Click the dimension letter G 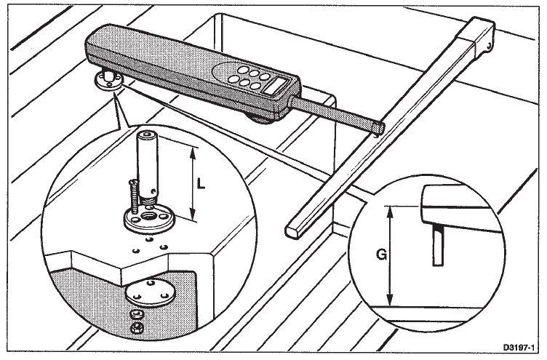tap(382, 255)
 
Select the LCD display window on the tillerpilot tap(277, 85)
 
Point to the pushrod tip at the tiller tap(379, 129)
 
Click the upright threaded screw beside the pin tap(132, 196)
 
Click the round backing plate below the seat tap(150, 293)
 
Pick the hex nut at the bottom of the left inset tap(137, 327)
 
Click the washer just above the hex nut tap(137, 315)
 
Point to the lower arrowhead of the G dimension tap(391, 300)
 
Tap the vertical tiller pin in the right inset tap(438, 245)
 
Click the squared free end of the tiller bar tap(293, 231)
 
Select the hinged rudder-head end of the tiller tap(481, 36)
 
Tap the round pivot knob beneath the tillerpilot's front tap(263, 119)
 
